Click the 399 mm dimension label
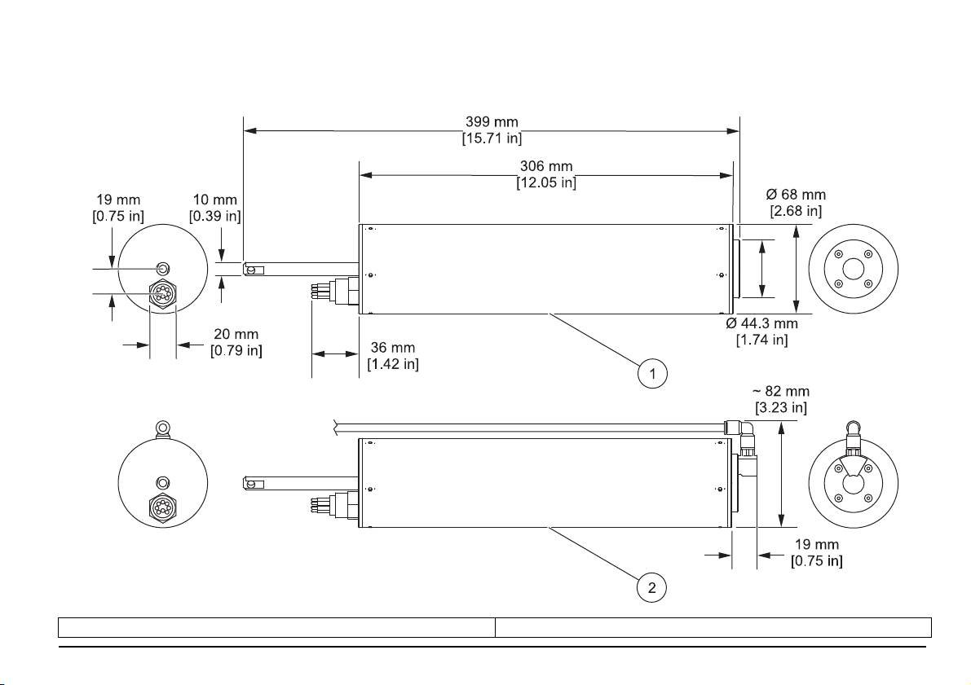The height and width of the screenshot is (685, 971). coord(492,122)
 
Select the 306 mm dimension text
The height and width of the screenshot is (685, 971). coord(546,167)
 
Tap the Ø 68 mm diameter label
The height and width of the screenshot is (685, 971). coord(796,195)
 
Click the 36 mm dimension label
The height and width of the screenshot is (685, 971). coord(392,347)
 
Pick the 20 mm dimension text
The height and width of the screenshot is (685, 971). coord(236,335)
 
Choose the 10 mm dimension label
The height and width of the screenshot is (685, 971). coord(214,200)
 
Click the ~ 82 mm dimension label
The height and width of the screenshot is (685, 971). coord(780,392)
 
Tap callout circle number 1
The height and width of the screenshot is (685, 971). coord(652,374)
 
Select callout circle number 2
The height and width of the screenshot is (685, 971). coord(652,586)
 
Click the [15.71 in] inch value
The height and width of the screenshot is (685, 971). coord(492,138)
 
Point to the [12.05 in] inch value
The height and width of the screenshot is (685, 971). coord(546,183)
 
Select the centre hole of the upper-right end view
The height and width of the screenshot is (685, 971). coord(853,269)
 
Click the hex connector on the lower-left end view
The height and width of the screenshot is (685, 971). coord(162,507)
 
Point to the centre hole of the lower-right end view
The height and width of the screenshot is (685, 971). coord(853,483)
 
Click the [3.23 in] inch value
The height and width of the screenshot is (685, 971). coord(780,407)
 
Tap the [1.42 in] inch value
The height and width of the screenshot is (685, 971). coord(393,363)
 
